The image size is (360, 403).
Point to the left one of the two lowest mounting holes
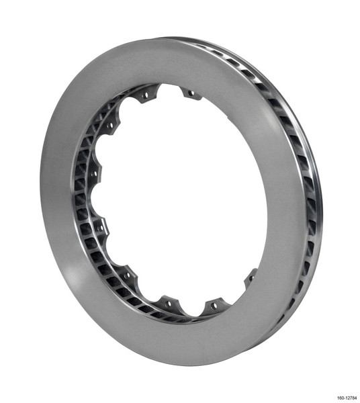click(168, 303)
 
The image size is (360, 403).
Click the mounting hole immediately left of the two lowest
click(127, 275)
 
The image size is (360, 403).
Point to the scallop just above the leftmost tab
click(99, 149)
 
